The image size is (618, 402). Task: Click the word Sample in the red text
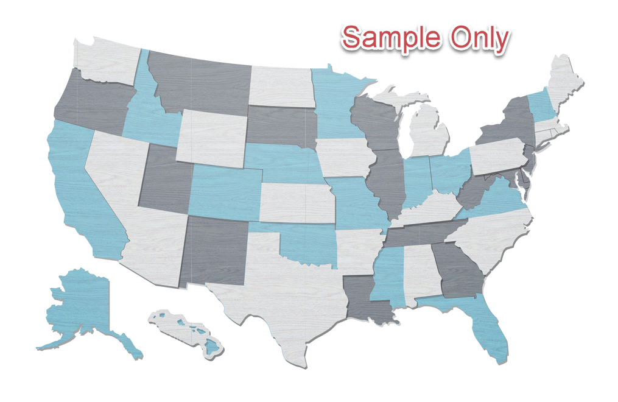390,38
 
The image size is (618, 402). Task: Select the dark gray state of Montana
201,82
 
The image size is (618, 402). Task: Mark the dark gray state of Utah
164,180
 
